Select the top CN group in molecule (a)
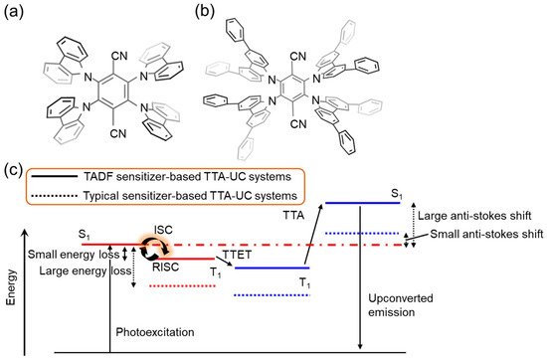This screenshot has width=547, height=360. click(132, 63)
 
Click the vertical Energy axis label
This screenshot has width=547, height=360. click(11, 297)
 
